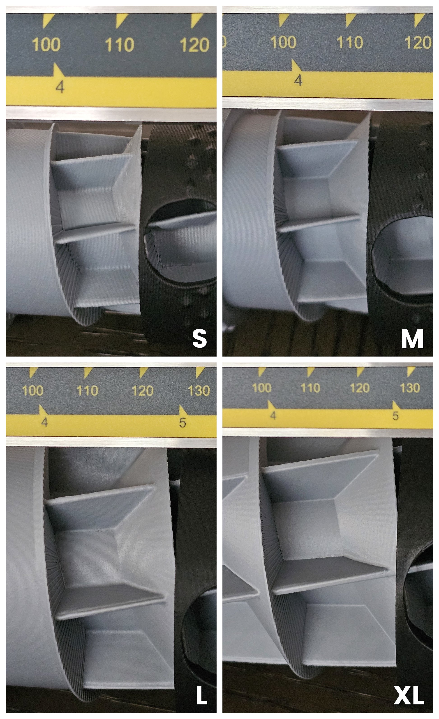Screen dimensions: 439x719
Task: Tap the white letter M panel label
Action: (x=412, y=339)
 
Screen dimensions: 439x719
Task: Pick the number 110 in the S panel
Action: (x=119, y=45)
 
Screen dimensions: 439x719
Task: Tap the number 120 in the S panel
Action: (x=194, y=45)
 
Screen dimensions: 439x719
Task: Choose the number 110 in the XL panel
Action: (x=310, y=388)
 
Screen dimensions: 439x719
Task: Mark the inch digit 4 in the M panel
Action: (x=298, y=80)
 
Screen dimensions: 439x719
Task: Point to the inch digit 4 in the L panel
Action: (x=44, y=422)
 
